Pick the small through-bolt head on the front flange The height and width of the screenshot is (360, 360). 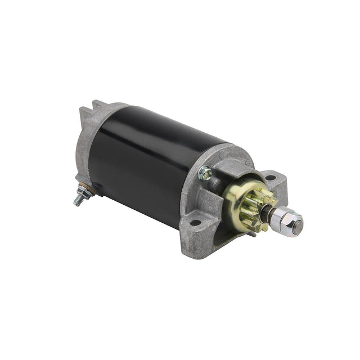click(205, 173)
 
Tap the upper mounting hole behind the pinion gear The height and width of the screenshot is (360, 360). click(270, 178)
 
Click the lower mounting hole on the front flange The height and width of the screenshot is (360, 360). click(195, 223)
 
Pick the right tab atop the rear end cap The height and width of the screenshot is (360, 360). click(98, 105)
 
